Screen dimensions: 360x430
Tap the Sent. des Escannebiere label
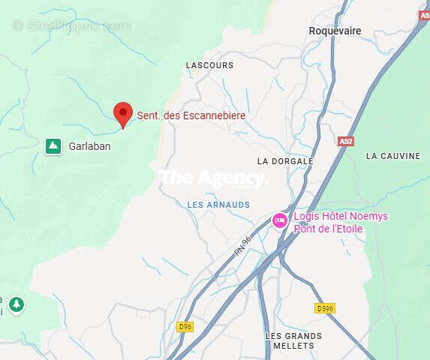pos(191,116)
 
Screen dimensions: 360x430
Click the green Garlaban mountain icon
pos(53,145)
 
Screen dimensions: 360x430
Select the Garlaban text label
pos(89,146)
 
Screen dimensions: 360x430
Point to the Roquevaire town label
pos(335,31)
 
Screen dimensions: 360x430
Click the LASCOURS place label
pos(209,65)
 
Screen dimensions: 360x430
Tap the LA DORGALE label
pos(284,161)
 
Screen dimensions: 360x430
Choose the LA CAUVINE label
pos(393,156)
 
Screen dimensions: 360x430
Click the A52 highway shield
pos(345,141)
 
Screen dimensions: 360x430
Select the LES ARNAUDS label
pos(218,204)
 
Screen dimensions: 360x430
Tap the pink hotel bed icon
pos(280,220)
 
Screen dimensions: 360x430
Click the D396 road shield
pos(324,308)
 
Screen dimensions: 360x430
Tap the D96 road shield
pos(185,326)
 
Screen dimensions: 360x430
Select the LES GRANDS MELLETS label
pos(293,341)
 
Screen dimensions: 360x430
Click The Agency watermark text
pos(213,178)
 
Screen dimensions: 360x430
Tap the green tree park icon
pos(17,304)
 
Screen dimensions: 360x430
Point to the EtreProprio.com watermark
pos(71,25)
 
